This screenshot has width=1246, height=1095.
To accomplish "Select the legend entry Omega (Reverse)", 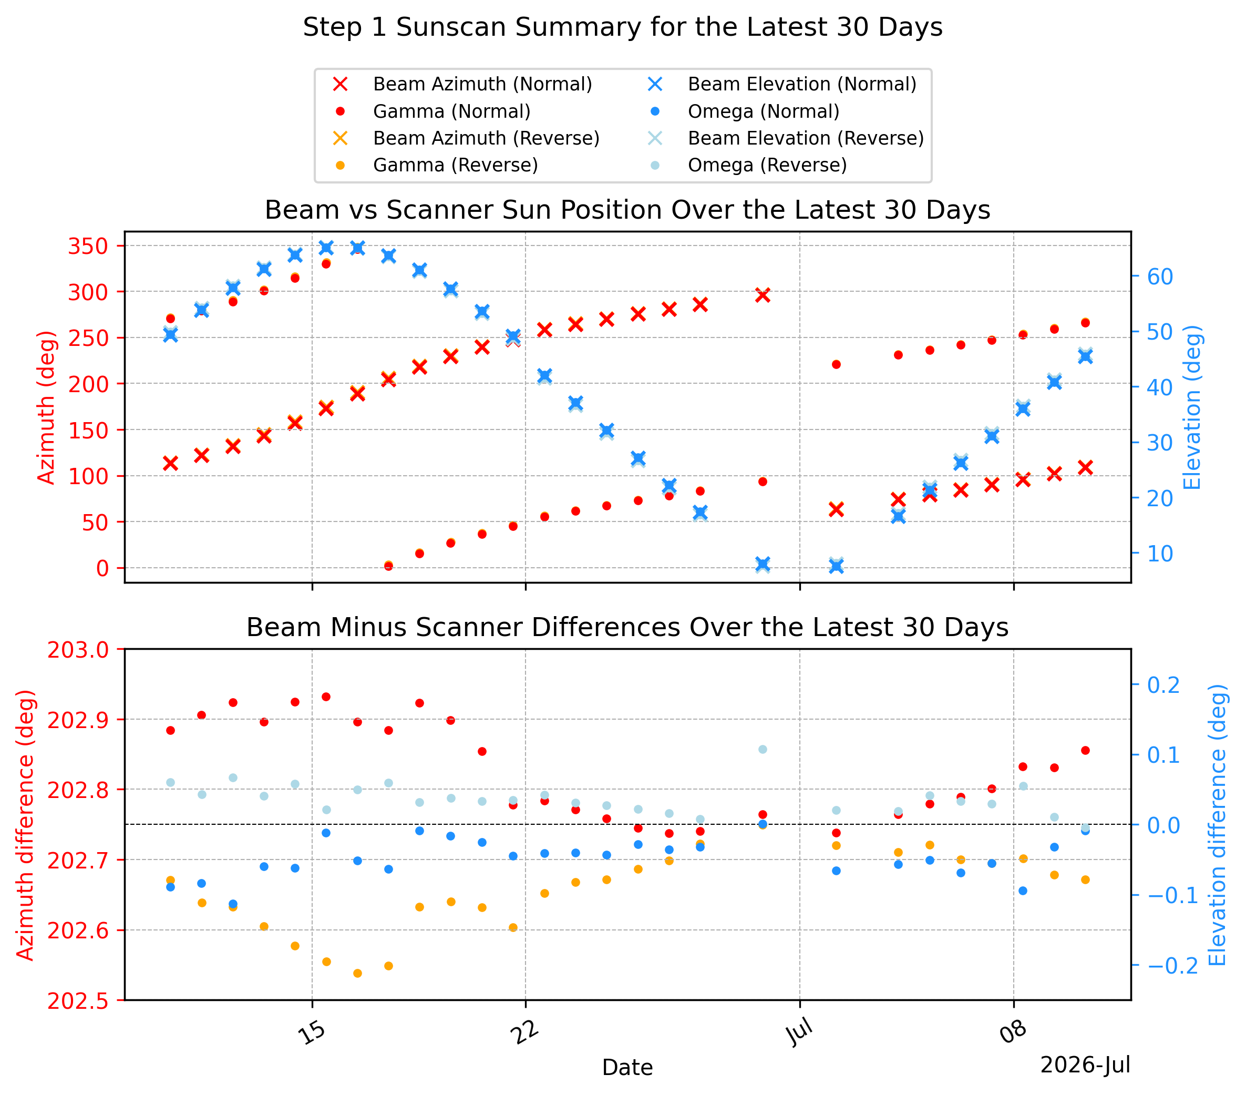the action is (750, 165).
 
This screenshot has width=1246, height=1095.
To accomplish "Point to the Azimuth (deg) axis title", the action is (46, 407).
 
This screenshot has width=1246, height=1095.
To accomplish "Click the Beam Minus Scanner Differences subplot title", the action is (627, 627).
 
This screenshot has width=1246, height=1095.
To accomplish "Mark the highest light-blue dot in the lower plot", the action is (763, 749).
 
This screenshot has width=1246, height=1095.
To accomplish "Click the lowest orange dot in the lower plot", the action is (358, 974).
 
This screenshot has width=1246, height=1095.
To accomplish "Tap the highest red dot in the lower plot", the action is (326, 697).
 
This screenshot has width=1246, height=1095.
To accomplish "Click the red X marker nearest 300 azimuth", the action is (763, 295).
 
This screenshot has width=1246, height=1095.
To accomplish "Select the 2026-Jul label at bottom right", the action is (1085, 1065).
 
